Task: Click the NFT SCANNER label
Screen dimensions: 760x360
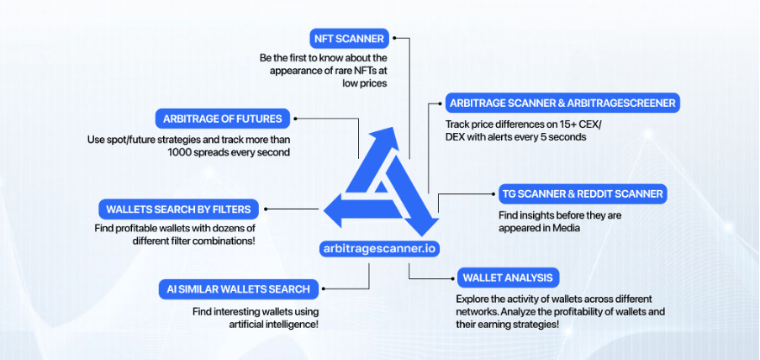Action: [x=350, y=39]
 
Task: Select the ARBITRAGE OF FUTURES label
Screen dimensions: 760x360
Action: [x=223, y=119]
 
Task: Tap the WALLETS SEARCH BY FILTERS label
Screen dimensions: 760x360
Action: [x=178, y=209]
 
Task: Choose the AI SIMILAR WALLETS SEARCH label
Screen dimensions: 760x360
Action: [x=239, y=289]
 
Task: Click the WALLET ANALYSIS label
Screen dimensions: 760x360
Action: [x=508, y=278]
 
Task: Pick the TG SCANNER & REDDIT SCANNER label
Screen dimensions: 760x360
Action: [x=583, y=194]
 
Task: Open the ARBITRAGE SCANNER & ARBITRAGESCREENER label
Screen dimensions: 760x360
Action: [x=562, y=103]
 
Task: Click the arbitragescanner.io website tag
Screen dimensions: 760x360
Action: [x=379, y=249]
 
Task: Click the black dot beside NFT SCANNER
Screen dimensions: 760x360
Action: [x=395, y=37]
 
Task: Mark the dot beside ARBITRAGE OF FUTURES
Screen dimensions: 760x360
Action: [x=296, y=118]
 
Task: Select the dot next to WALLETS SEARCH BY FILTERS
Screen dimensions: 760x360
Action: [x=266, y=209]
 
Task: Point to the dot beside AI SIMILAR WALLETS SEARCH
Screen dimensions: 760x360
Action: [x=324, y=289]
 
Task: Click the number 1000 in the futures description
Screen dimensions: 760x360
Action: [x=179, y=152]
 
